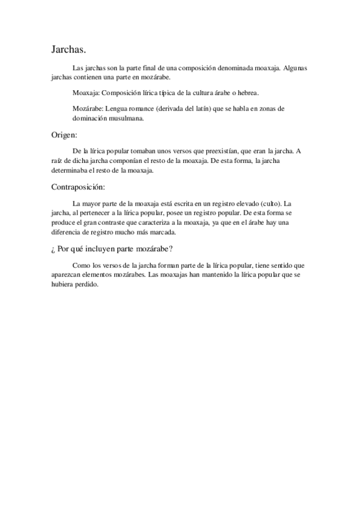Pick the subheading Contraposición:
point(78,188)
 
